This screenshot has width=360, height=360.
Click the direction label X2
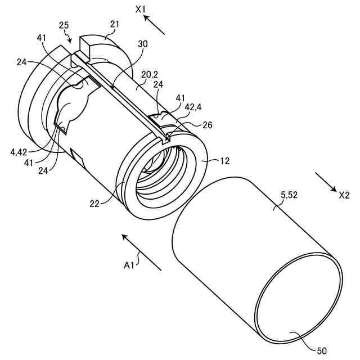[x=344, y=195]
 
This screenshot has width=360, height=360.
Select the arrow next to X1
[x=155, y=25]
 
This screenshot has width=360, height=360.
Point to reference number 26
[x=207, y=125]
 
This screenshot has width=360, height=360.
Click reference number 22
[x=94, y=204]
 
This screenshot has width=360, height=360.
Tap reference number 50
[x=321, y=351]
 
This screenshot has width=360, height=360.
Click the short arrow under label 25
[x=70, y=39]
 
